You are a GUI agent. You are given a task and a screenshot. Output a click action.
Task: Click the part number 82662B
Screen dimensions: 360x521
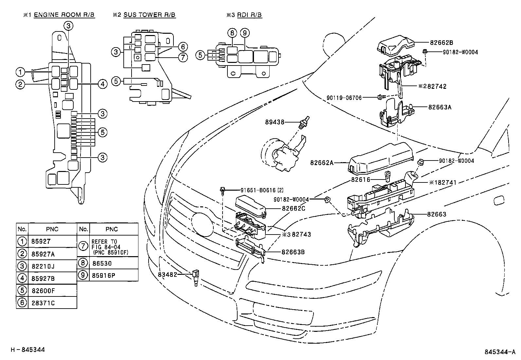(x=441, y=42)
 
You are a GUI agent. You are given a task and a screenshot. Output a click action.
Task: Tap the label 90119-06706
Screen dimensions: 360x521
(x=344, y=98)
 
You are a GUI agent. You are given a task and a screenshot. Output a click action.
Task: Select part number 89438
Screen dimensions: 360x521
(x=275, y=122)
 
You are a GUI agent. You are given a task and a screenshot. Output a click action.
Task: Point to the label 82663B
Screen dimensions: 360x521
(x=293, y=252)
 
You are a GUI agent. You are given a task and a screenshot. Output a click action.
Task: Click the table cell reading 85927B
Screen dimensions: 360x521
(x=43, y=278)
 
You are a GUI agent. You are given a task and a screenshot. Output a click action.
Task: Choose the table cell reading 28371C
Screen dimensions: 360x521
(x=43, y=303)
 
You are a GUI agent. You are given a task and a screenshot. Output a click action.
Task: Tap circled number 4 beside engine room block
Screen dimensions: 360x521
(x=102, y=84)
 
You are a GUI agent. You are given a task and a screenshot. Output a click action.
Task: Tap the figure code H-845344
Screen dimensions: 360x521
(x=28, y=350)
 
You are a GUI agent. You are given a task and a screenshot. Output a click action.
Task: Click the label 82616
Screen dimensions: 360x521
(x=360, y=180)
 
